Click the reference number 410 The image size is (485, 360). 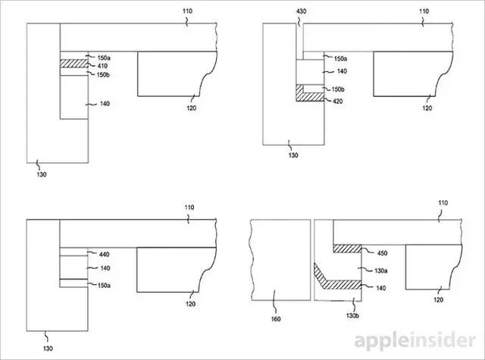click(103, 66)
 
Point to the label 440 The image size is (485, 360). click(105, 255)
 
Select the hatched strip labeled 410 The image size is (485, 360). click(74, 66)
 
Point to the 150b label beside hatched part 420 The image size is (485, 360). click(339, 89)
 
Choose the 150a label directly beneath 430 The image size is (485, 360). click(339, 58)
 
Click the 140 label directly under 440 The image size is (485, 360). click(105, 268)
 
